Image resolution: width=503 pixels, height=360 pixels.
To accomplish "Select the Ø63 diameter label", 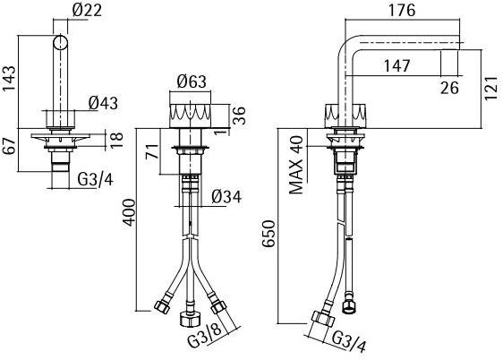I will [x=192, y=81].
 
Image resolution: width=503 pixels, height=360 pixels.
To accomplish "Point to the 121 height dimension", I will [x=490, y=88].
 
